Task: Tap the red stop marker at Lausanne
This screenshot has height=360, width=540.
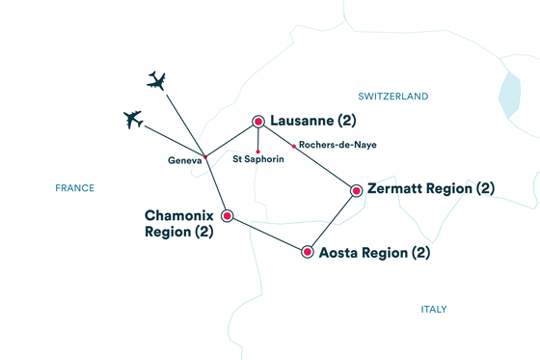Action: coord(258,122)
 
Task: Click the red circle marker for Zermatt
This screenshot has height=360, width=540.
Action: coord(357,190)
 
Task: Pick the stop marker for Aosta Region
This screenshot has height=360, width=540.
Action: coord(308,253)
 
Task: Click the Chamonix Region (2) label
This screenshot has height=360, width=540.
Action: coord(178,224)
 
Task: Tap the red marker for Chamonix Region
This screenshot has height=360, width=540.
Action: coord(228,215)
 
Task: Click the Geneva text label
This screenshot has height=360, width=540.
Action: coord(185,162)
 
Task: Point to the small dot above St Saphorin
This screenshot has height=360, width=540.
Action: coord(258,150)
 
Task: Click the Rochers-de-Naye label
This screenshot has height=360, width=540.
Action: coord(337,145)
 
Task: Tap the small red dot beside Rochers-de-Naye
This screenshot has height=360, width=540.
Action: coord(294,146)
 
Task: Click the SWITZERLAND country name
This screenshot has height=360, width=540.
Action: coord(392,97)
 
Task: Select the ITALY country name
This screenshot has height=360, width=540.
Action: coord(434,310)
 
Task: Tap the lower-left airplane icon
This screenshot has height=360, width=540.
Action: coord(133,119)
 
